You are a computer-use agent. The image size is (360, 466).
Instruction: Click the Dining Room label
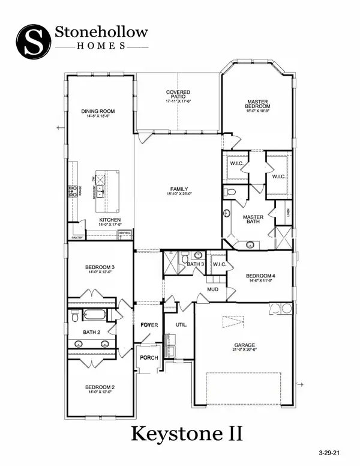coord(98,112)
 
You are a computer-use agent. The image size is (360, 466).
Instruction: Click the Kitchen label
coord(109,220)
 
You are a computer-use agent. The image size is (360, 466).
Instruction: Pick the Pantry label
coord(77,238)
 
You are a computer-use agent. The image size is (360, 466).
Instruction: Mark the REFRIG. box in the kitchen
coord(124,233)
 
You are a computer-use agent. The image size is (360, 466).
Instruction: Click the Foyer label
coord(148,325)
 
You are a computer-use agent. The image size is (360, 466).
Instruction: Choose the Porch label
coord(148,359)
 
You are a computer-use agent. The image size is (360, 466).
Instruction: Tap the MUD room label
coord(212,289)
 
